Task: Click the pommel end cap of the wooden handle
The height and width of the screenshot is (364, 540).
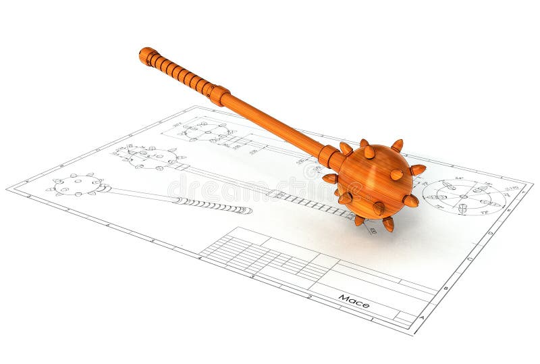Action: (x=146, y=55)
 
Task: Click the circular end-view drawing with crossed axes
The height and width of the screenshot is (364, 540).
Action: (x=464, y=197)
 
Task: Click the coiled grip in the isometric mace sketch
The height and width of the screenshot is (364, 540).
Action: (x=213, y=205)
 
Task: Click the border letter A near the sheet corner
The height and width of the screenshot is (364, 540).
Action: (x=422, y=317)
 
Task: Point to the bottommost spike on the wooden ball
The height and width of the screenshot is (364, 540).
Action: (x=389, y=224)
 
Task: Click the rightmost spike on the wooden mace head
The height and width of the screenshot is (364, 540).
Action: (x=418, y=169)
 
